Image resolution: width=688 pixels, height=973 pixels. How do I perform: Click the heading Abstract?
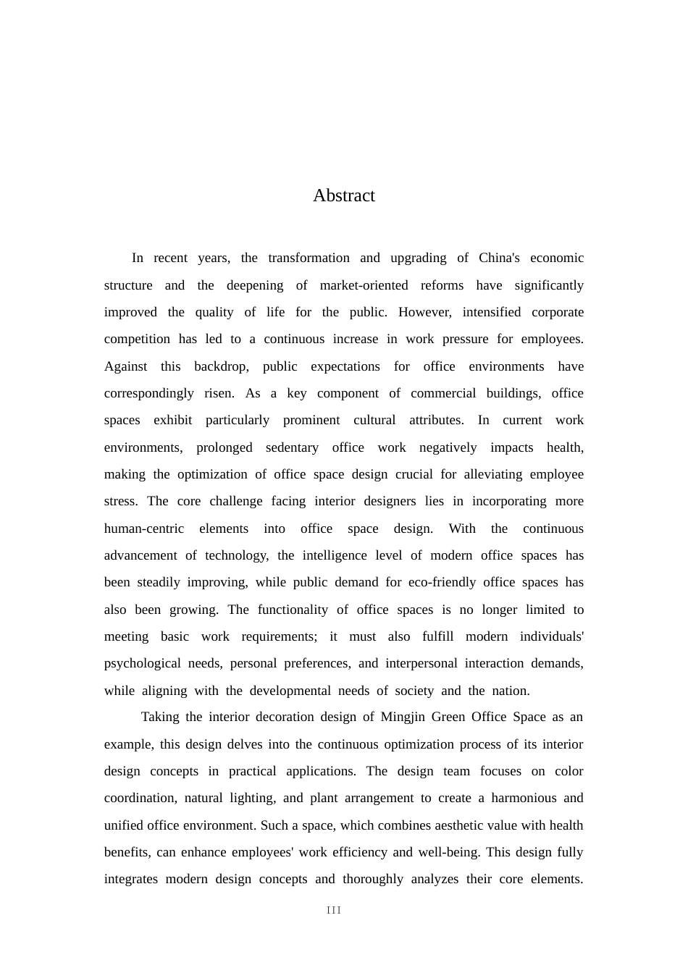click(x=343, y=195)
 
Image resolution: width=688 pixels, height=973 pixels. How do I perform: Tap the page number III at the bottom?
click(x=334, y=910)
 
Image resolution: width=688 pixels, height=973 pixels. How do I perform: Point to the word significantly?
click(x=548, y=285)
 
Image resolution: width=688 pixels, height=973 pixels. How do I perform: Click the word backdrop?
click(x=221, y=366)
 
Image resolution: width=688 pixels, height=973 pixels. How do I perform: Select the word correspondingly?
click(x=148, y=393)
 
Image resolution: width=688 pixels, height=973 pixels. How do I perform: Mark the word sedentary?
click(x=292, y=447)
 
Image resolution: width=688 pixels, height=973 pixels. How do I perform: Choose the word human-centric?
click(x=144, y=528)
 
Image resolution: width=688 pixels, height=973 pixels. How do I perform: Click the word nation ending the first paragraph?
click(x=513, y=691)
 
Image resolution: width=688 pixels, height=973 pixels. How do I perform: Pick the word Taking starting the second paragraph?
click(x=160, y=717)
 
